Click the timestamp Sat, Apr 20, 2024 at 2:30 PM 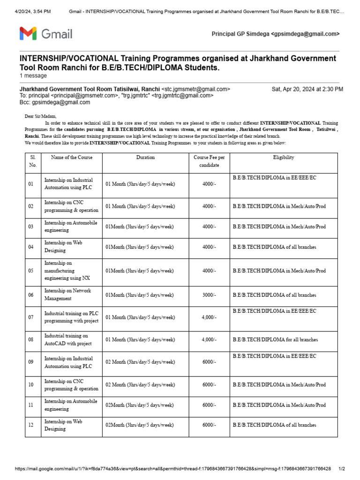pyautogui.click(x=307, y=89)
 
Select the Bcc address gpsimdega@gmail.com pyautogui.click(x=60, y=102)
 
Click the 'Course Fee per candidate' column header pyautogui.click(x=209, y=161)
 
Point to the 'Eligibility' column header pyautogui.click(x=284, y=157)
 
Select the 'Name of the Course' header pyautogui.click(x=72, y=157)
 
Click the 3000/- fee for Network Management pyautogui.click(x=209, y=295)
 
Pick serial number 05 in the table pyautogui.click(x=31, y=271)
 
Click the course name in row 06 pyautogui.click(x=67, y=294)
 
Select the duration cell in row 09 pyautogui.click(x=140, y=362)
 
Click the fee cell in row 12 pyautogui.click(x=209, y=425)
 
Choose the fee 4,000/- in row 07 pyautogui.click(x=209, y=317)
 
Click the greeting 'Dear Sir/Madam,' pyautogui.click(x=40, y=116)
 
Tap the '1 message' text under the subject pyautogui.click(x=33, y=75)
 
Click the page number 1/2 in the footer pyautogui.click(x=342, y=469)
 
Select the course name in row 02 pyautogui.click(x=71, y=207)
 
